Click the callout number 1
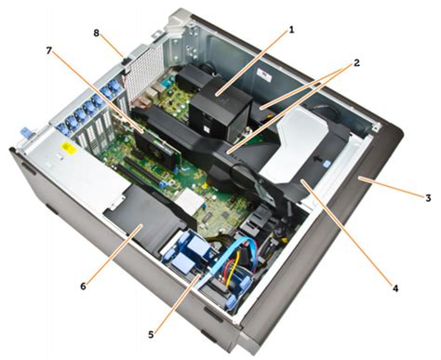[x=291, y=30]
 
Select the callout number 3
[x=428, y=198]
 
